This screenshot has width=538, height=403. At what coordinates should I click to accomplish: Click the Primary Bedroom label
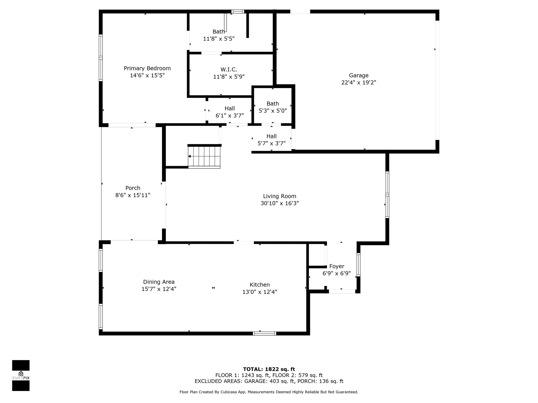click(x=147, y=68)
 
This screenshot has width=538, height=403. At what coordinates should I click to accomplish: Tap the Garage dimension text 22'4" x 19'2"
click(x=359, y=82)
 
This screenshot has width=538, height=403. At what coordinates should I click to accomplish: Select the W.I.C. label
click(x=229, y=70)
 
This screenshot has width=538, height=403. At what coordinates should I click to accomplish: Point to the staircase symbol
click(x=204, y=156)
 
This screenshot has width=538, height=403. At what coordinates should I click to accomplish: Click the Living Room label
click(x=280, y=196)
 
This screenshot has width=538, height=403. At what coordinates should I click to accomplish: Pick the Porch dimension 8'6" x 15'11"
click(x=133, y=195)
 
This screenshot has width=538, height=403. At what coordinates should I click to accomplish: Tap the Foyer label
click(x=337, y=266)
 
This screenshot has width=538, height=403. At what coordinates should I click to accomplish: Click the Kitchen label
click(x=260, y=285)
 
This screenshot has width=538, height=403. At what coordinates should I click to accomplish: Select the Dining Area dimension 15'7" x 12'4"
click(x=159, y=289)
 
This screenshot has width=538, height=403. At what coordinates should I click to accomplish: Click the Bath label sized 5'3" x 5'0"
click(x=273, y=104)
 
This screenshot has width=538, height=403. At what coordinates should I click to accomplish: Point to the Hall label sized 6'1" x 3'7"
click(x=230, y=108)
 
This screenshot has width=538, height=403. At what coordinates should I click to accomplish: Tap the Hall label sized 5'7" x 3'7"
click(x=271, y=136)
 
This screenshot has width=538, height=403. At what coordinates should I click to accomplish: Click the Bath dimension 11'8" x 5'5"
click(x=219, y=39)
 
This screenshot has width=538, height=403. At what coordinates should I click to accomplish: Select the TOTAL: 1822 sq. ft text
click(x=269, y=369)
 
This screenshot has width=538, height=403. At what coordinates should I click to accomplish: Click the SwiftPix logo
click(x=21, y=375)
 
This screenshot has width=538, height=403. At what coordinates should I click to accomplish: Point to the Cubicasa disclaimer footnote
click(x=269, y=392)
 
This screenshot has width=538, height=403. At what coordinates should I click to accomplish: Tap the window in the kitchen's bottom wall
click(x=265, y=333)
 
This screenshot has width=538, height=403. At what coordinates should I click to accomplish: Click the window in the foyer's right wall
click(x=358, y=264)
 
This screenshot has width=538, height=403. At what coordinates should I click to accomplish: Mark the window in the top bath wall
click(x=238, y=12)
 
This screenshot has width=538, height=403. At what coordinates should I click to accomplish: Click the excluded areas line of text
click(x=269, y=381)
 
